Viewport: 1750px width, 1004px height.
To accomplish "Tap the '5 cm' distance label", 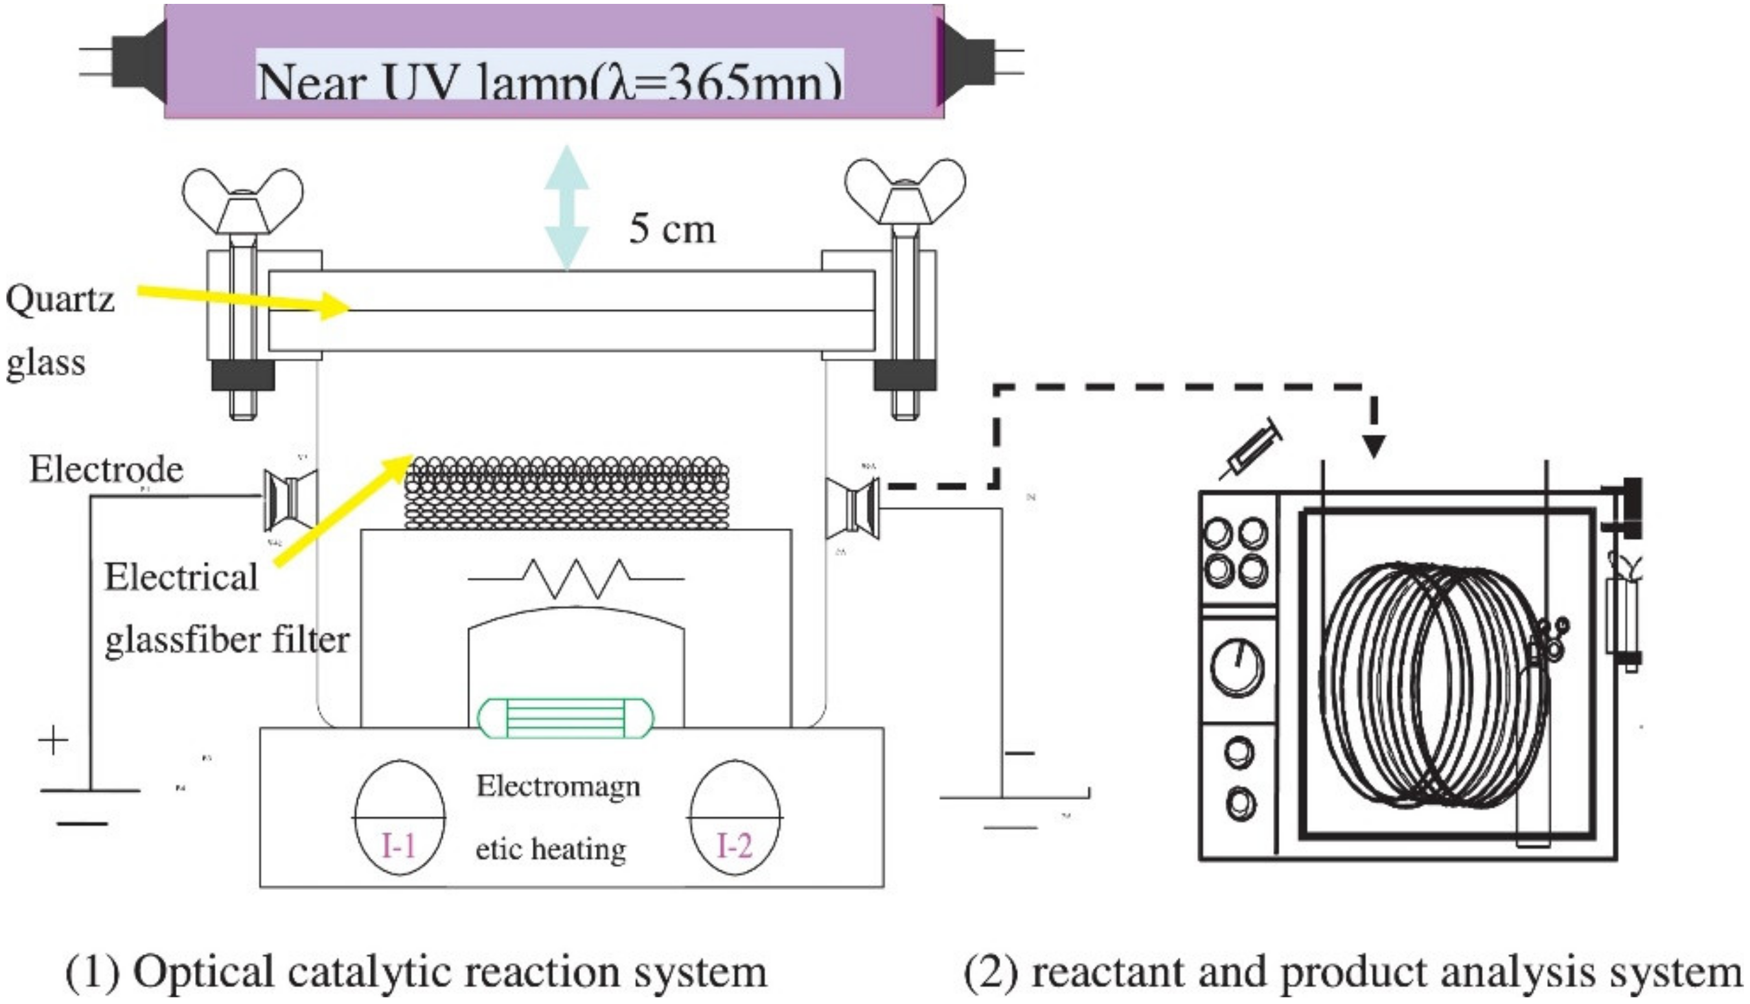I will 673,229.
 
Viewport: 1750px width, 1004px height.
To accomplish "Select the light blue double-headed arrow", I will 567,207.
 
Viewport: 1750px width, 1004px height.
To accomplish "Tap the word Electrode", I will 106,470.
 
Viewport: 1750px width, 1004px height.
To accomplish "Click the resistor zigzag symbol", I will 577,578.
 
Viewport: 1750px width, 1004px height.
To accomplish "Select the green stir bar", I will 566,718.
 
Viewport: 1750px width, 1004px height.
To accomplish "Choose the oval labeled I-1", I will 399,817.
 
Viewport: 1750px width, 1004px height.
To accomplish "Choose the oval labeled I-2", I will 735,817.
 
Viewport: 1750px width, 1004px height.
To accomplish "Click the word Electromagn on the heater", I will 558,786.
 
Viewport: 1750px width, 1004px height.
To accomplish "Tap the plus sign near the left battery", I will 53,741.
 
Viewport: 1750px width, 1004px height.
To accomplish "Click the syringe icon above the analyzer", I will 1252,449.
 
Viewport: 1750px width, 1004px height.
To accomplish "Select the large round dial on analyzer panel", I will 1238,667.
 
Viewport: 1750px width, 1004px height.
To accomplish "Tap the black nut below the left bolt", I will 243,376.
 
